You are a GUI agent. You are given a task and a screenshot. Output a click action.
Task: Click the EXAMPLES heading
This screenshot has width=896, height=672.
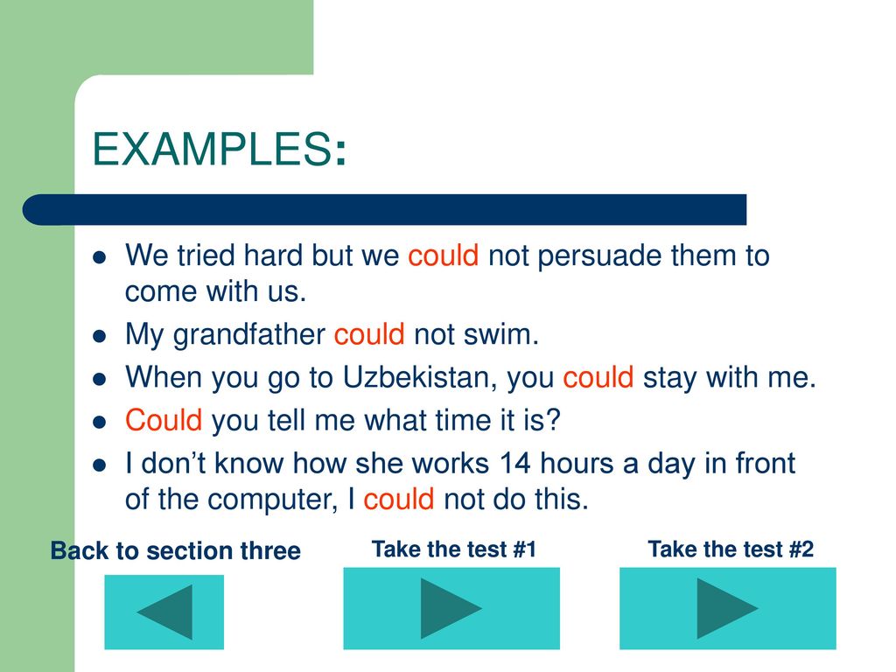(x=219, y=149)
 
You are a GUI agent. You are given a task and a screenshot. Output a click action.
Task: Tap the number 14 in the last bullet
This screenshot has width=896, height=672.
(x=514, y=463)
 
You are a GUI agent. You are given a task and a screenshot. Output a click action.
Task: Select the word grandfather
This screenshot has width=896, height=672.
(x=249, y=335)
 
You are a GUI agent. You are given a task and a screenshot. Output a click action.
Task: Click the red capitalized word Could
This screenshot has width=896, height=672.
(x=164, y=420)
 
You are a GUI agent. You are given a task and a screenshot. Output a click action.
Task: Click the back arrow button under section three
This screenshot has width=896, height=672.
(x=164, y=612)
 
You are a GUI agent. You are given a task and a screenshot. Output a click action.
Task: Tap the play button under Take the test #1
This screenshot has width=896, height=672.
(x=451, y=608)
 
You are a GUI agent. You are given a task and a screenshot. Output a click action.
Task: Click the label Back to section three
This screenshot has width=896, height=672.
(x=175, y=551)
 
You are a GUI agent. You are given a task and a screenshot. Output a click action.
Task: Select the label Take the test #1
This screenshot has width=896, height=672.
(x=454, y=549)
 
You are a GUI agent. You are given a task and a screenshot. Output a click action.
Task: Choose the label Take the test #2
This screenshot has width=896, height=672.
(x=731, y=549)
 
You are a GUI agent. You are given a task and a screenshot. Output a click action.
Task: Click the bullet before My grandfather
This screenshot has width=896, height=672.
(x=100, y=335)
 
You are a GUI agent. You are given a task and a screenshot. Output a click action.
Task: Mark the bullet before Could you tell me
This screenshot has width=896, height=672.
(x=100, y=422)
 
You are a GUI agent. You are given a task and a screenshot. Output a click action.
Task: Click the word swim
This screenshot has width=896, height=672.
(x=500, y=334)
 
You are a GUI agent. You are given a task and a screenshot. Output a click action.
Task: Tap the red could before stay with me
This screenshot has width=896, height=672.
(x=598, y=378)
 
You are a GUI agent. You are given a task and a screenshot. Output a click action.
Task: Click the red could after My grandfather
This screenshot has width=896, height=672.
(x=369, y=334)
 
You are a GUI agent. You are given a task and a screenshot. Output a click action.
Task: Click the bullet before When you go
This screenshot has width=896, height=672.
(x=100, y=379)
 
